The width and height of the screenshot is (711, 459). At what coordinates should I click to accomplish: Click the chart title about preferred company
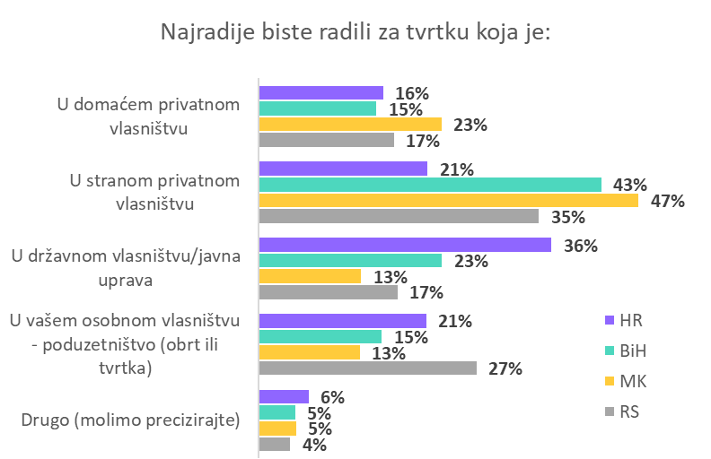355,32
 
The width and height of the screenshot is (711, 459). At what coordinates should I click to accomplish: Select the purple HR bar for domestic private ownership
321,92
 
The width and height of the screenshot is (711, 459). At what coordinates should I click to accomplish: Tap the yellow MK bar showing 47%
449,200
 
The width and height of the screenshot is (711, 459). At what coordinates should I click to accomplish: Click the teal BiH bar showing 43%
430,185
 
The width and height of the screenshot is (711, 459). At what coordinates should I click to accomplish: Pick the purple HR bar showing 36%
405,245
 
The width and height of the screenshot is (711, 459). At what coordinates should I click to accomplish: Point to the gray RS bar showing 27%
368,368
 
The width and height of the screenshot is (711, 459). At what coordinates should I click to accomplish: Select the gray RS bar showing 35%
399,216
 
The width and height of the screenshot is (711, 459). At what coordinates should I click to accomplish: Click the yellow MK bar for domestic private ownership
350,125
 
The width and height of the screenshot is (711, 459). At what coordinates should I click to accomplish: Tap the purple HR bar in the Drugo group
284,396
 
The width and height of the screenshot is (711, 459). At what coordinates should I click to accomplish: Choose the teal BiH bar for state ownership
350,261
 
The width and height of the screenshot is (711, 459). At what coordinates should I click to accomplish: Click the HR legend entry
624,320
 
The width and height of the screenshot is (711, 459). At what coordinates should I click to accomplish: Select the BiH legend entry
626,351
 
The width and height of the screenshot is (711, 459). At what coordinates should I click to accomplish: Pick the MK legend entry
626,381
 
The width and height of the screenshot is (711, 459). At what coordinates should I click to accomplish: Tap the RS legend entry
623,411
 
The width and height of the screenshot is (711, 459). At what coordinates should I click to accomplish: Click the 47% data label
667,201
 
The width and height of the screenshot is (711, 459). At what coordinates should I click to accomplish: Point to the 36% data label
580,246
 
